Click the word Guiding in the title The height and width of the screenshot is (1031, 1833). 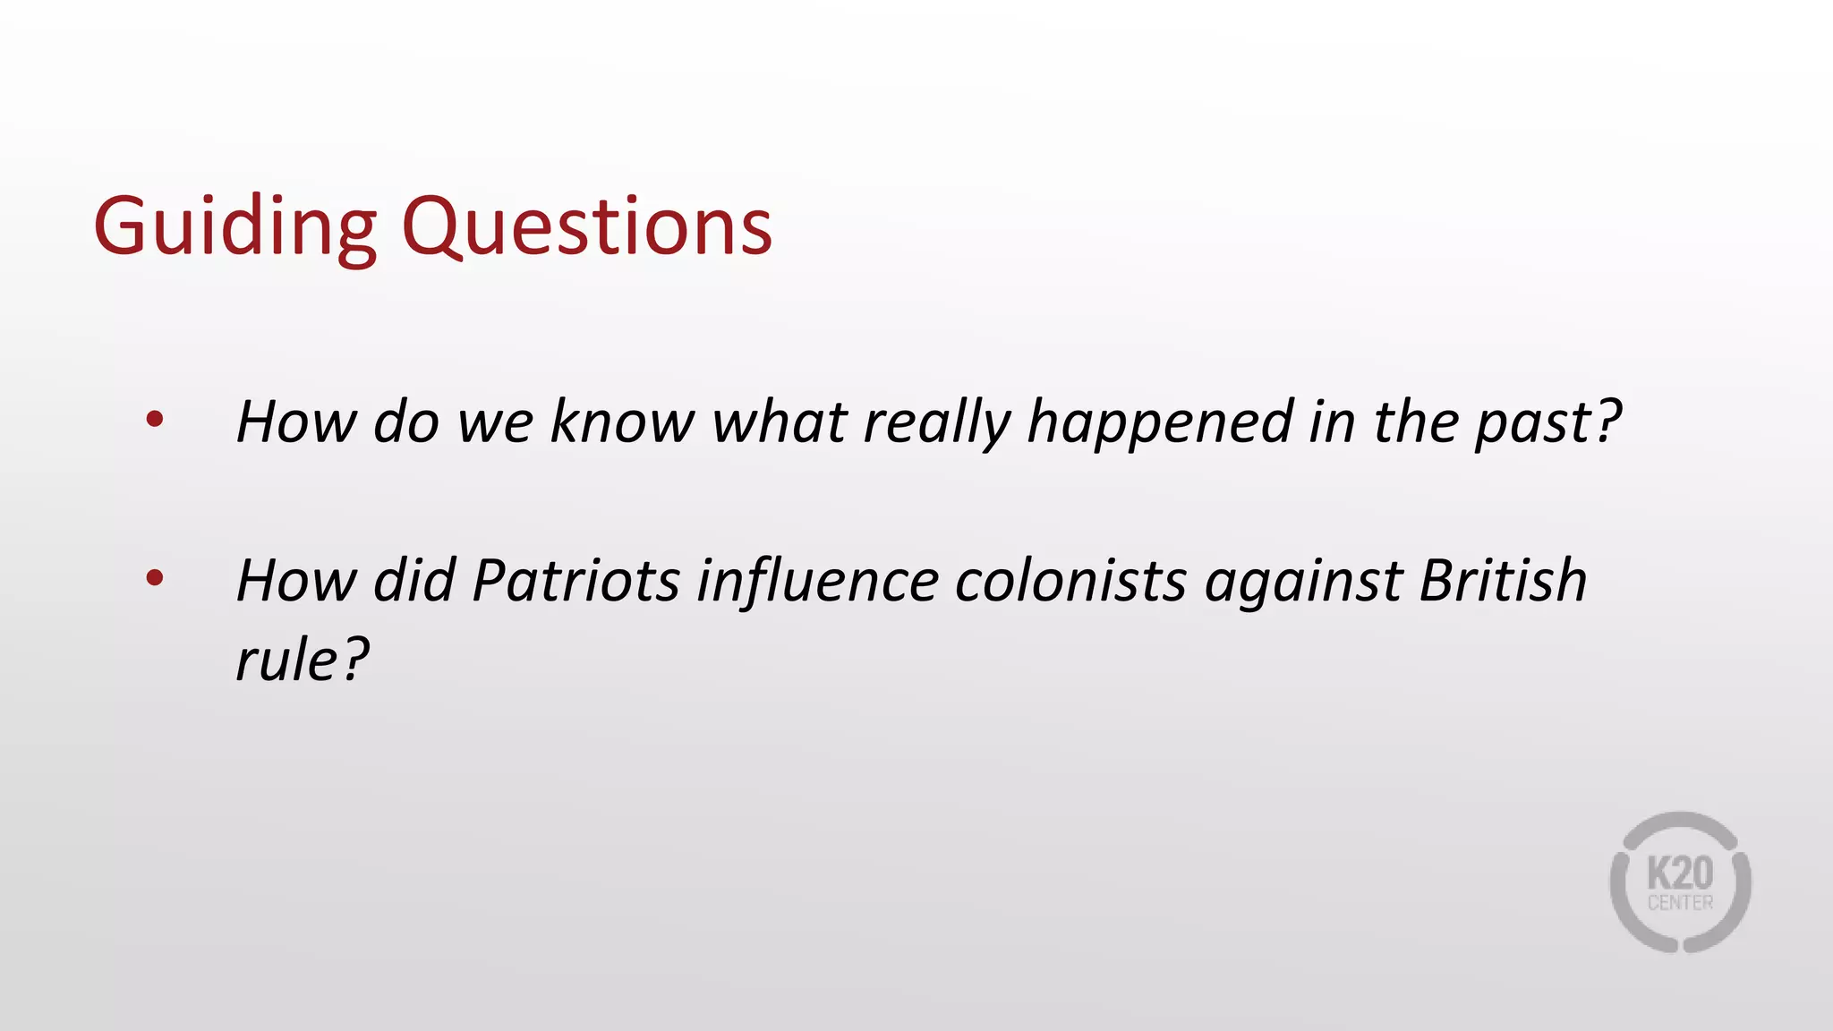point(234,227)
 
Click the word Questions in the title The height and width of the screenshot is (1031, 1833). point(586,227)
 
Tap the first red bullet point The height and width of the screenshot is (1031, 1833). point(155,419)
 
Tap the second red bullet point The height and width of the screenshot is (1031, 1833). point(155,578)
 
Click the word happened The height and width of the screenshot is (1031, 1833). point(1160,422)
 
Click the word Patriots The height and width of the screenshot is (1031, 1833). point(575,580)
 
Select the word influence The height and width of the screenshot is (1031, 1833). point(816,582)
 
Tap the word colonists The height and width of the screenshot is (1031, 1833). point(1070,580)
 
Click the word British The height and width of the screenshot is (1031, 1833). point(1503,580)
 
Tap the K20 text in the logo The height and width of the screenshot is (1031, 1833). point(1680,873)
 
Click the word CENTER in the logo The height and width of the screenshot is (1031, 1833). point(1680,903)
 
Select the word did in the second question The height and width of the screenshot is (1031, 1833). point(414,580)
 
